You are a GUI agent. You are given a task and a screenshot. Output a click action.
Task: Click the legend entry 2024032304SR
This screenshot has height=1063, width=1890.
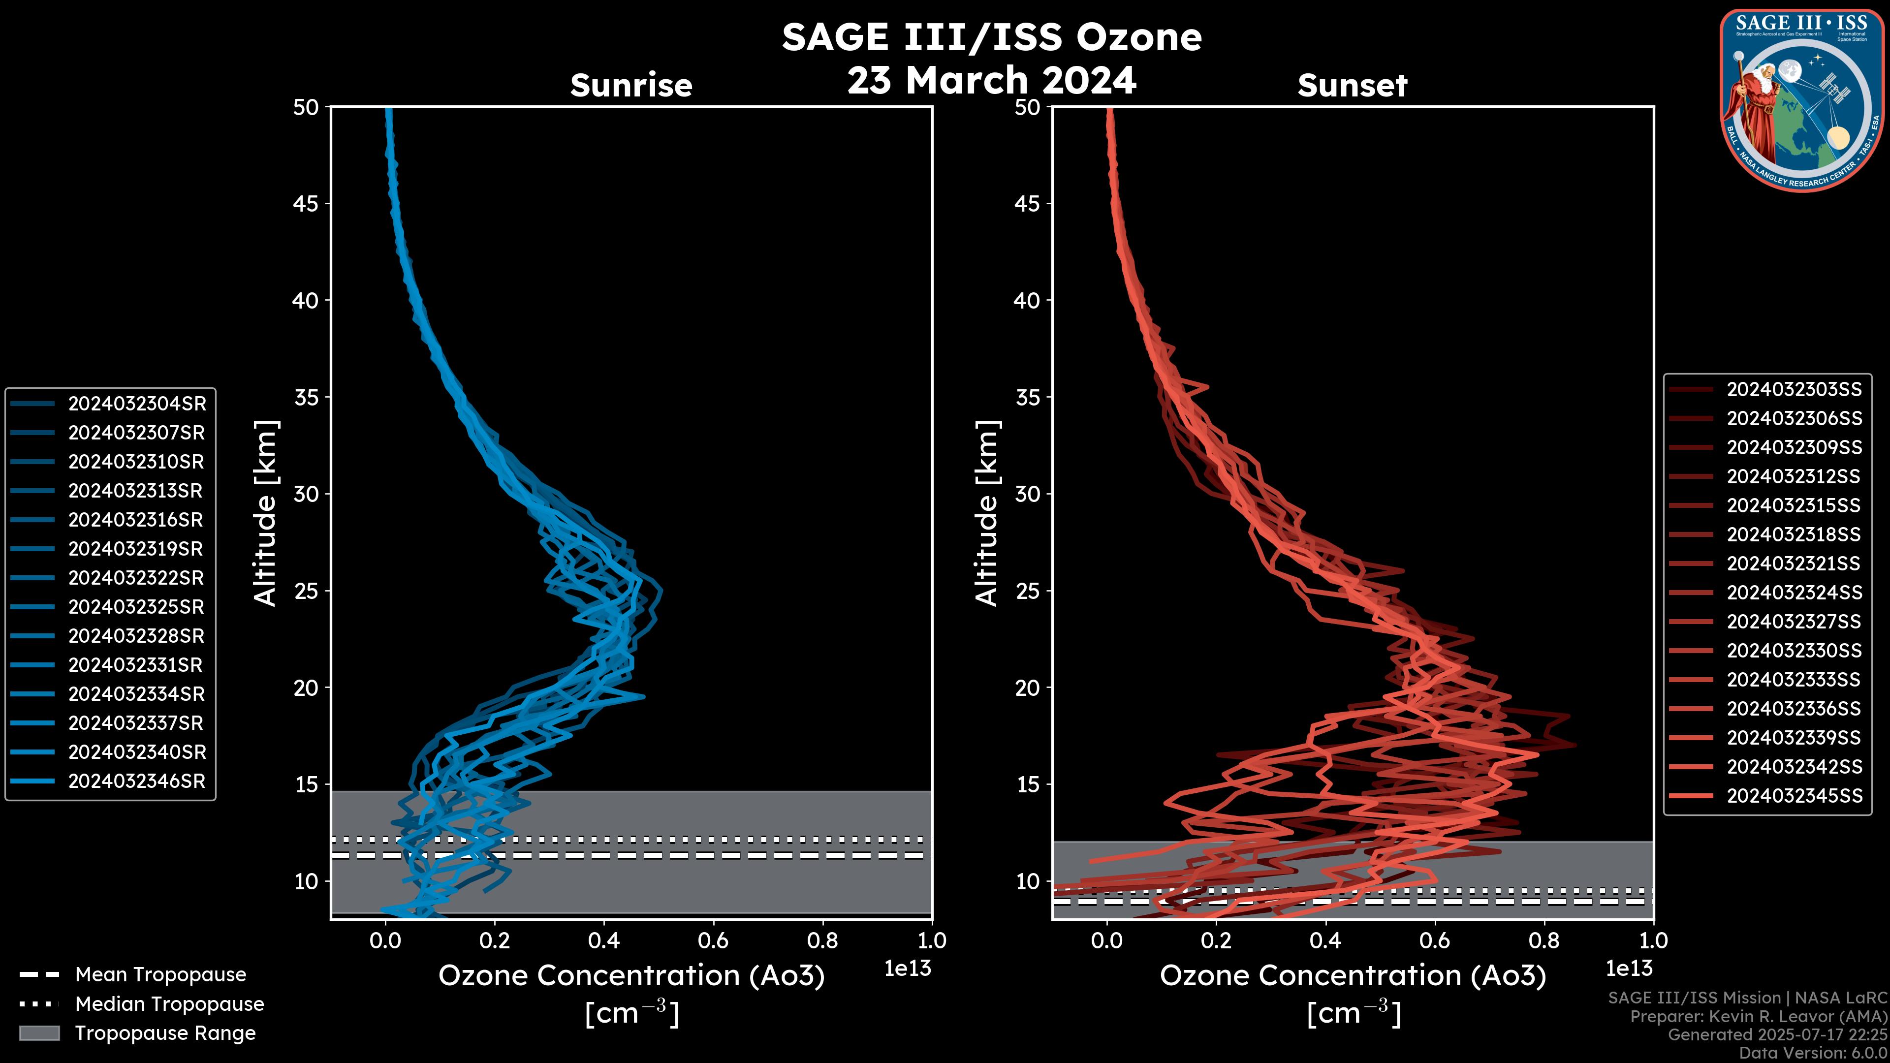point(136,404)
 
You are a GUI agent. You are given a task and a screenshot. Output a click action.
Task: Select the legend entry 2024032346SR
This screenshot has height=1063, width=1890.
point(136,782)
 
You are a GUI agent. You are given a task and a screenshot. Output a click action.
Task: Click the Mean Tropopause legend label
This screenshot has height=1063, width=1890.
point(160,975)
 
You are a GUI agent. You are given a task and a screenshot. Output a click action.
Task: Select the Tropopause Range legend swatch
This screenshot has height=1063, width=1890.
point(39,1033)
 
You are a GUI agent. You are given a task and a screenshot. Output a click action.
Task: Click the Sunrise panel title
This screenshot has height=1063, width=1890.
point(631,86)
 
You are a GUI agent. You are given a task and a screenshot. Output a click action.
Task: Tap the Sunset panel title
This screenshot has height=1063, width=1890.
point(1352,86)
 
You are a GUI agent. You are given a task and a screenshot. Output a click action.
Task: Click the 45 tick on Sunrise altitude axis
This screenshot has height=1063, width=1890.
point(306,204)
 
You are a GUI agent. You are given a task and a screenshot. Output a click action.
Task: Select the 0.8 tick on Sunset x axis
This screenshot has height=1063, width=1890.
point(1543,940)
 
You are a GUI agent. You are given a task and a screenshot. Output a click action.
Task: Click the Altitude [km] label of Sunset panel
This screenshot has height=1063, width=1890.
point(987,513)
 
